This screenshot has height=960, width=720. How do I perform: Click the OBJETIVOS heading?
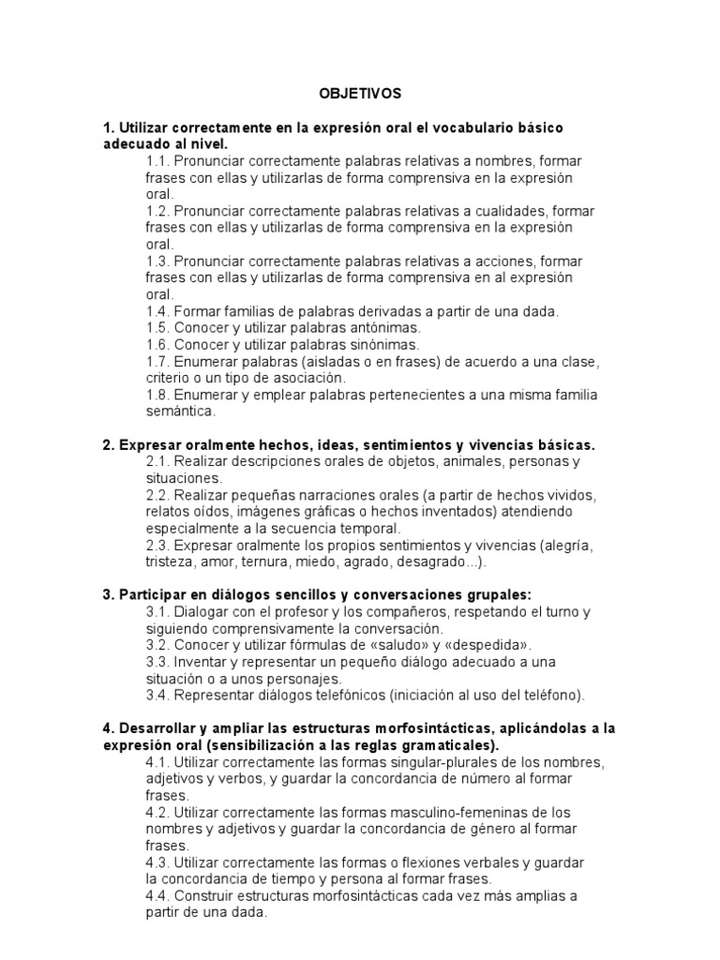360,94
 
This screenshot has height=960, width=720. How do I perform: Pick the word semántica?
181,411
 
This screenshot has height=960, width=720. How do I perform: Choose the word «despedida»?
495,645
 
